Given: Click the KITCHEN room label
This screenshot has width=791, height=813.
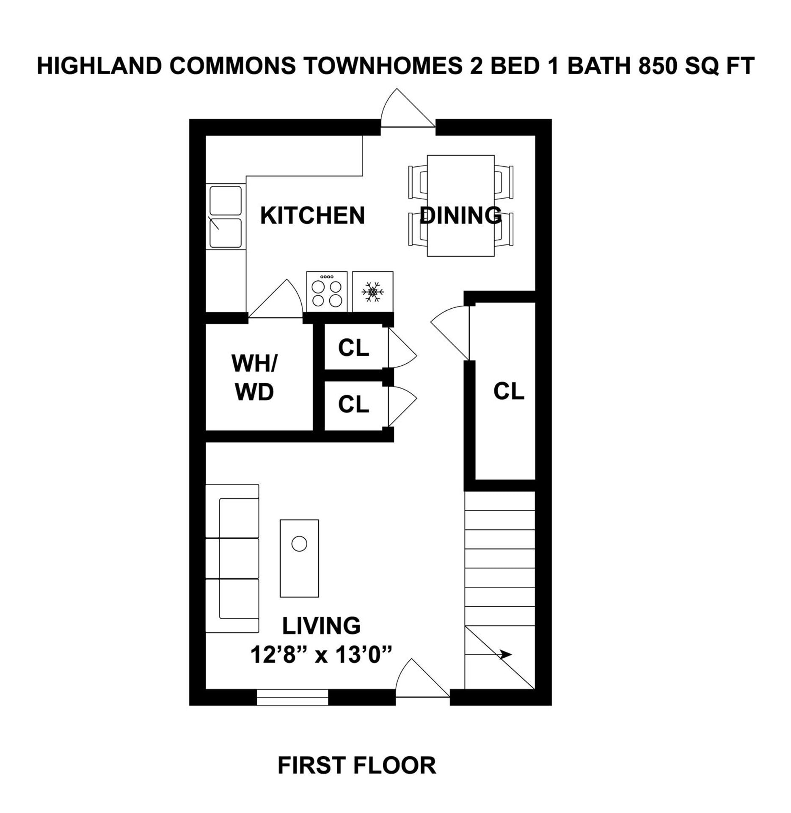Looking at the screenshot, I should (312, 216).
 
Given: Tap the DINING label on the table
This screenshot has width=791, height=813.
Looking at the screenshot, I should (460, 215).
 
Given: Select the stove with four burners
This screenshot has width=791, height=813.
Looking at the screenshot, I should (327, 292).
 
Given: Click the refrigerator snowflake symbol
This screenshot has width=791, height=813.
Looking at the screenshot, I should (372, 292).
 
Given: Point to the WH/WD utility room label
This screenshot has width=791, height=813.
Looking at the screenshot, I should (254, 378).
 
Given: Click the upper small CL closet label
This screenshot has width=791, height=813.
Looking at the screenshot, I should (353, 348).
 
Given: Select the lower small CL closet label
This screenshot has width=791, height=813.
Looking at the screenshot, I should (353, 404).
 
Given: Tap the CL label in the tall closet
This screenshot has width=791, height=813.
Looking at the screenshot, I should (508, 391).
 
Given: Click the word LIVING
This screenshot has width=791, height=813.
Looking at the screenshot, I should (321, 626).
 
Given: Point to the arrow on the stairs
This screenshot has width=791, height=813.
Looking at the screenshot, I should (505, 655).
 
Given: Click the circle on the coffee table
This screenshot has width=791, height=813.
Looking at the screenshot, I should (299, 544).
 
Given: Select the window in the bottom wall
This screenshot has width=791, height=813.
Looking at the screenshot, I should (292, 697).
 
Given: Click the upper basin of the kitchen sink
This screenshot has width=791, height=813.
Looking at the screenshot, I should (226, 201).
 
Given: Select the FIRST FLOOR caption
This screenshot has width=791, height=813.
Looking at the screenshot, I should (357, 766).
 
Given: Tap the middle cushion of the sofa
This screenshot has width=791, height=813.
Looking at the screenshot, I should (238, 558).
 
